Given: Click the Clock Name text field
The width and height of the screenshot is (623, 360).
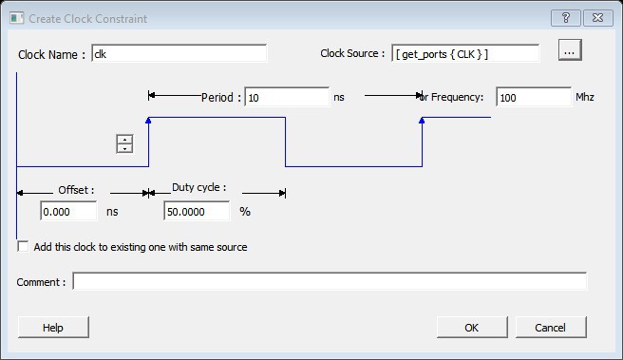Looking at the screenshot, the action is point(179,53).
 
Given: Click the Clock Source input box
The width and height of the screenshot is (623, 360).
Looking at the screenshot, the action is point(465,53).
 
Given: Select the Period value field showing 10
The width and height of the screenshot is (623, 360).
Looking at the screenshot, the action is point(287,97).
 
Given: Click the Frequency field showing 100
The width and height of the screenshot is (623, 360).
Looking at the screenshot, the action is point(534,97).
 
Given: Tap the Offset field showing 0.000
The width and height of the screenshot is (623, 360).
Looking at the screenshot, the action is point(68,211).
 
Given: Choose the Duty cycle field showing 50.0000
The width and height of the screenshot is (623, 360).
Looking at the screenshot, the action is point(197,211).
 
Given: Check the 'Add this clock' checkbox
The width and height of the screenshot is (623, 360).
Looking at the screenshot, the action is point(23,247).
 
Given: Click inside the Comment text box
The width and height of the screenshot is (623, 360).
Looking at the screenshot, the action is point(330,281).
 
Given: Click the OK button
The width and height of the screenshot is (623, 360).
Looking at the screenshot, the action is point(472,328).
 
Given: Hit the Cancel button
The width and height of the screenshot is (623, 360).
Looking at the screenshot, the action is point(551,328).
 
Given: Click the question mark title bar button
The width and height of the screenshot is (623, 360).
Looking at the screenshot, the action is point(566,18).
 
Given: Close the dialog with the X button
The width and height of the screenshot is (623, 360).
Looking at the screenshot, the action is point(598,18).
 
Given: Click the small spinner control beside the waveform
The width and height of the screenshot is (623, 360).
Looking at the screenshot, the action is point(124,143).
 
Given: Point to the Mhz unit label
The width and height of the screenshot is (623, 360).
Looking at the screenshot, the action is point(585,97).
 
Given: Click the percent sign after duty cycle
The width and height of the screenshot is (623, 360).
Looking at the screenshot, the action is point(245,212).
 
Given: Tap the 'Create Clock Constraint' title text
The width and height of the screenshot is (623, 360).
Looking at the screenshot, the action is point(87,19).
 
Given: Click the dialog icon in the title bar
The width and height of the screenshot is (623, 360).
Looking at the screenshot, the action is point(17,18).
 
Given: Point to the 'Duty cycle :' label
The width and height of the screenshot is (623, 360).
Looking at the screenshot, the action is point(199,187).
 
